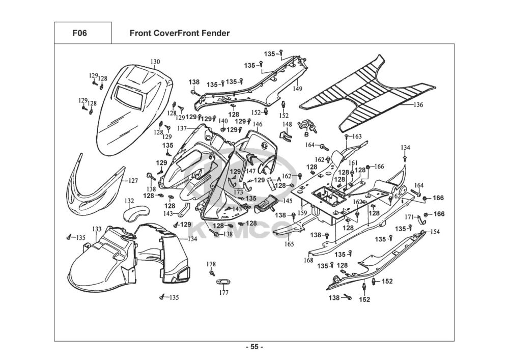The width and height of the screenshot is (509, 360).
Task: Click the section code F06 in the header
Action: click(79, 34)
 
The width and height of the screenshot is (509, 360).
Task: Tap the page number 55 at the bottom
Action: click(254, 347)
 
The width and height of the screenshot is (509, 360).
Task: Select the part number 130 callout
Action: click(155, 62)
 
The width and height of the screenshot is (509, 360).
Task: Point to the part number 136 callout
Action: click(418, 105)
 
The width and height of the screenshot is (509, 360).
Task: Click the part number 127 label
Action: click(133, 181)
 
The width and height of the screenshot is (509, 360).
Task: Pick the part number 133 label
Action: click(97, 229)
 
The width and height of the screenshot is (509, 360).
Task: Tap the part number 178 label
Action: click(211, 264)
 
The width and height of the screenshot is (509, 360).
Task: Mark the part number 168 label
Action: click(308, 260)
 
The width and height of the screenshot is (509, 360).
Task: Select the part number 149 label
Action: click(297, 89)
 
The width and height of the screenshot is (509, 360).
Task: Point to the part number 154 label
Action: click(435, 232)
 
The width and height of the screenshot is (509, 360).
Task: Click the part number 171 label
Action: click(409, 217)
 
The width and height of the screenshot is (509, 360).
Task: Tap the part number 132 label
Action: click(129, 201)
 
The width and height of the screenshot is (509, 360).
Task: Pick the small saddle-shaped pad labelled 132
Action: click(135, 213)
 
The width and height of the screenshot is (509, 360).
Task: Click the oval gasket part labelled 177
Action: click(223, 282)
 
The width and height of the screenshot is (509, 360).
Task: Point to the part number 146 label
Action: click(258, 124)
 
